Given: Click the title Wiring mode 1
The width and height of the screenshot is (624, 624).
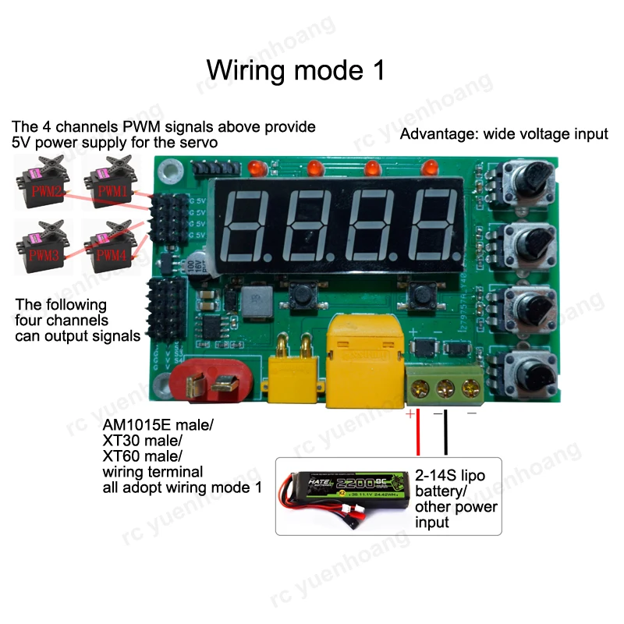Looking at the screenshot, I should point(296,69).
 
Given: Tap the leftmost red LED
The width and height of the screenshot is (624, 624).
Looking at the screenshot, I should point(254,168).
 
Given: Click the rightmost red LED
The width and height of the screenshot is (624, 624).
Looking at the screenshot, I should point(431,168).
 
